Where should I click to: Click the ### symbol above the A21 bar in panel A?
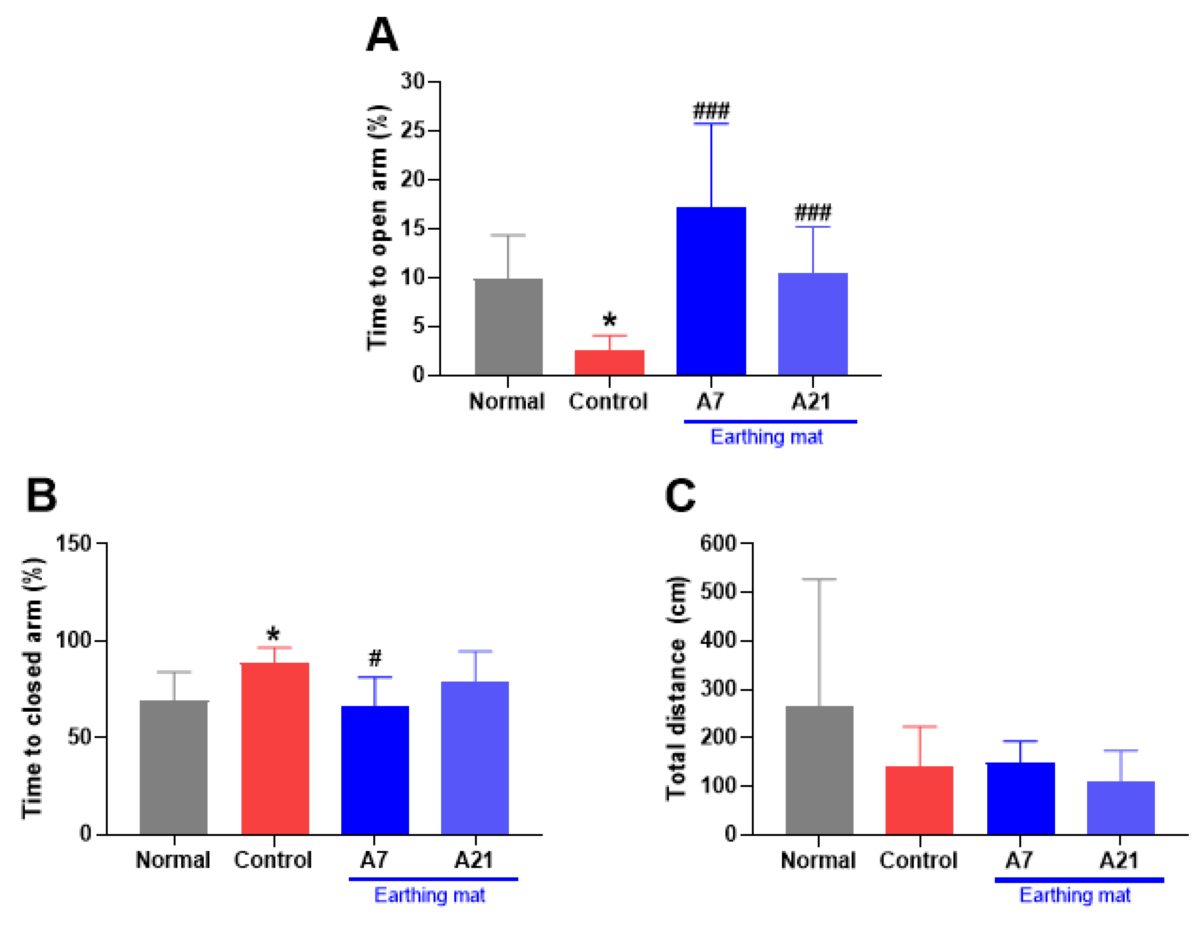(812, 212)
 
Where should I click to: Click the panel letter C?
(680, 496)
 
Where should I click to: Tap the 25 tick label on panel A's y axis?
(413, 131)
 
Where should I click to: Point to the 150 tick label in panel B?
(73, 544)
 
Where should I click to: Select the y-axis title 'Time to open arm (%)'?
(378, 227)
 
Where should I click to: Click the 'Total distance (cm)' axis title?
(676, 688)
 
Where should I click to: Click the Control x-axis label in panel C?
(918, 860)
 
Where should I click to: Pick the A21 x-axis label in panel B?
(474, 860)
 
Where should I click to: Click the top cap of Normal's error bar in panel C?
(819, 579)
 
